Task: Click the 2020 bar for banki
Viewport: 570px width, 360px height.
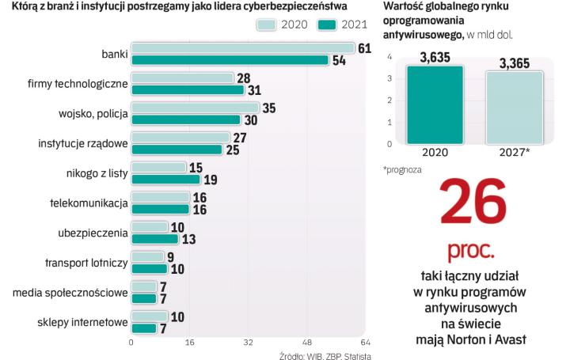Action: [242, 48]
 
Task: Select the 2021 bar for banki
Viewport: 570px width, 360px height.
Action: [230, 60]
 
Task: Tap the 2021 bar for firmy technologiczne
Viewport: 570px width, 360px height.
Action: [187, 90]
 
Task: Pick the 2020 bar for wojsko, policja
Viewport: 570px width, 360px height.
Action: [195, 108]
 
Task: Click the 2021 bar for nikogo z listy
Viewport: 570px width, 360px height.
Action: [165, 179]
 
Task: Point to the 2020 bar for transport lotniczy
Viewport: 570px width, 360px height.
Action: [147, 256]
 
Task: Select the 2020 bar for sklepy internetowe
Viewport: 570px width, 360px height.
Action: [149, 316]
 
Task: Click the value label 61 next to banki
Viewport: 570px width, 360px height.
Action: [364, 48]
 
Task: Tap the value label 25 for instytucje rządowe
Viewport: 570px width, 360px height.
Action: [232, 150]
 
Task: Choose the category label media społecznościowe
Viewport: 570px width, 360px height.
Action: [70, 293]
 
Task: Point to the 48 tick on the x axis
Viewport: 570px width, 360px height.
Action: [307, 343]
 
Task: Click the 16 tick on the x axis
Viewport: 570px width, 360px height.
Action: [189, 343]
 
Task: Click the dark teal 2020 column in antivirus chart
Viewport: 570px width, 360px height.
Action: [435, 104]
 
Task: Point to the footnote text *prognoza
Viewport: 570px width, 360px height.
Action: [403, 169]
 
